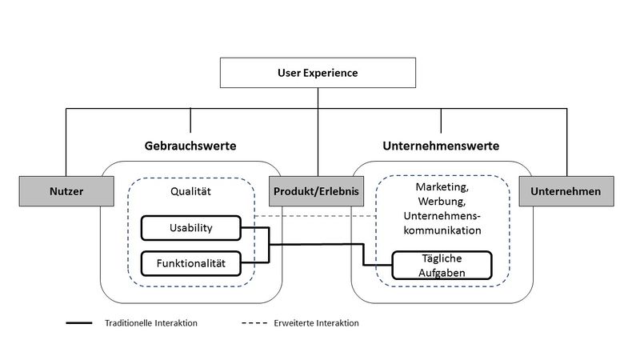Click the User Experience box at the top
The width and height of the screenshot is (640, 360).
[318, 73]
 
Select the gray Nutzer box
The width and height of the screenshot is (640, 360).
[66, 191]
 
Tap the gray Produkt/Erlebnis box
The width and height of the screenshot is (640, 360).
[316, 191]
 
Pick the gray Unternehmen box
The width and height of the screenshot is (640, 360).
[566, 191]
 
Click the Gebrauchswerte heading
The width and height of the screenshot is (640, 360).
[190, 146]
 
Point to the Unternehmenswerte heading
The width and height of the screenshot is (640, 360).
[441, 146]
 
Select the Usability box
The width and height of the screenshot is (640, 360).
[191, 228]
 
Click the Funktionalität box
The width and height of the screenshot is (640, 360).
[191, 263]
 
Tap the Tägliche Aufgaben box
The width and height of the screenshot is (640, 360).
[442, 266]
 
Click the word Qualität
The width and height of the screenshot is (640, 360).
[190, 191]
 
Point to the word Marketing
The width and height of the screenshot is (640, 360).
[442, 187]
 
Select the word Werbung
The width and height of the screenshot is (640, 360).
[442, 202]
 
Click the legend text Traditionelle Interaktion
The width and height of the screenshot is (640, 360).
[151, 323]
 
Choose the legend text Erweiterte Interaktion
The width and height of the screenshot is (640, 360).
[316, 323]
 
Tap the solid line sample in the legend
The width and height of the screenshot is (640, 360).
[79, 323]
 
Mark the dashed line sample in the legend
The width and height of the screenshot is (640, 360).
[254, 323]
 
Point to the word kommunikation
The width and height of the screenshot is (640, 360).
[442, 230]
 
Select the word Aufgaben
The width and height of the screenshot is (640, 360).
[442, 273]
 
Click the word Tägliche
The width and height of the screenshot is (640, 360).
[442, 258]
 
